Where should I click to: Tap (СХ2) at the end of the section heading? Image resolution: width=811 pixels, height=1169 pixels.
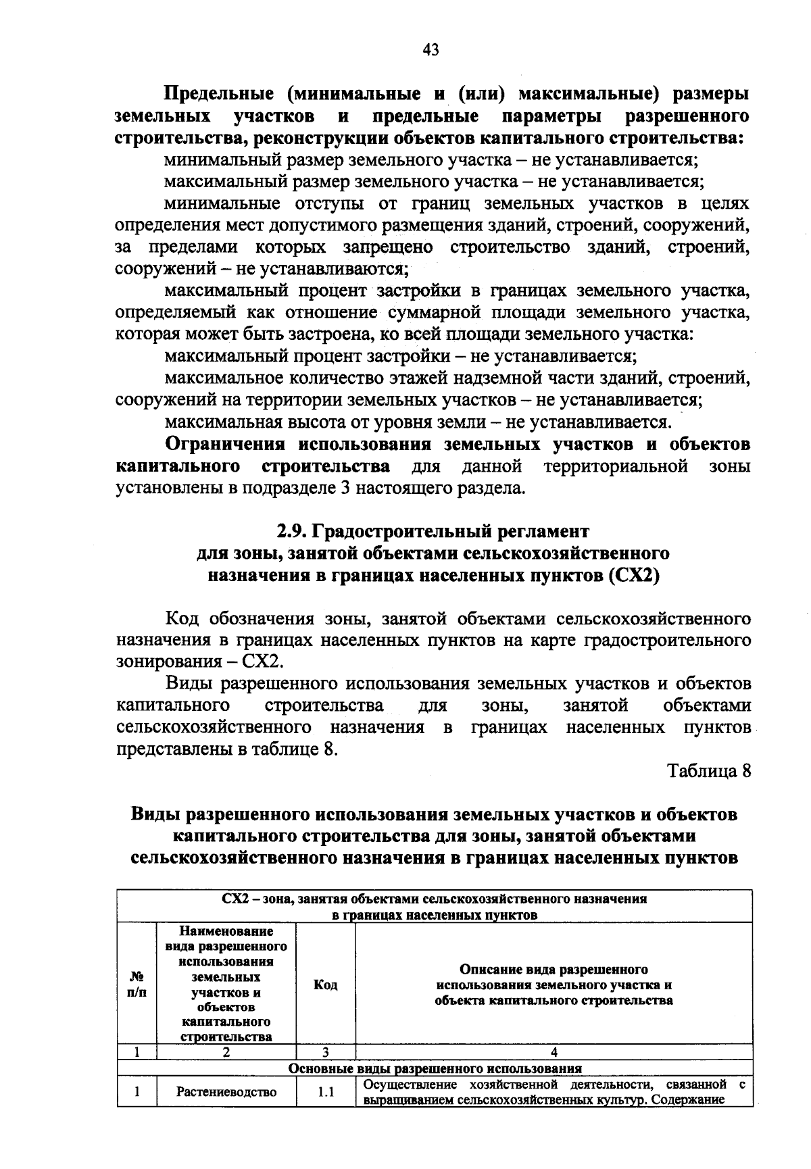click(633, 576)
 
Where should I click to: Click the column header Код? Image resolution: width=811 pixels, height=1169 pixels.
click(326, 985)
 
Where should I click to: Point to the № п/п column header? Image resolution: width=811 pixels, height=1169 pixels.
click(137, 985)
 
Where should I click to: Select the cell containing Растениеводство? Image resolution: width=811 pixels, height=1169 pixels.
click(226, 1091)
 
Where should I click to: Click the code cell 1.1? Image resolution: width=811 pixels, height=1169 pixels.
click(326, 1091)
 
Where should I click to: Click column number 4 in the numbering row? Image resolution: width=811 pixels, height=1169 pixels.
click(554, 1052)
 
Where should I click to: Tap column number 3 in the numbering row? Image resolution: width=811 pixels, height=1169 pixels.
click(325, 1052)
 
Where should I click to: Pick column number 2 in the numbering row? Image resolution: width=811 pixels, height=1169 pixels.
click(226, 1052)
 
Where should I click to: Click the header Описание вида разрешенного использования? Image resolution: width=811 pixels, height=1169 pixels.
click(554, 985)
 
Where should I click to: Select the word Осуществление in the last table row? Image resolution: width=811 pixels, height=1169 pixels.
click(405, 1085)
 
